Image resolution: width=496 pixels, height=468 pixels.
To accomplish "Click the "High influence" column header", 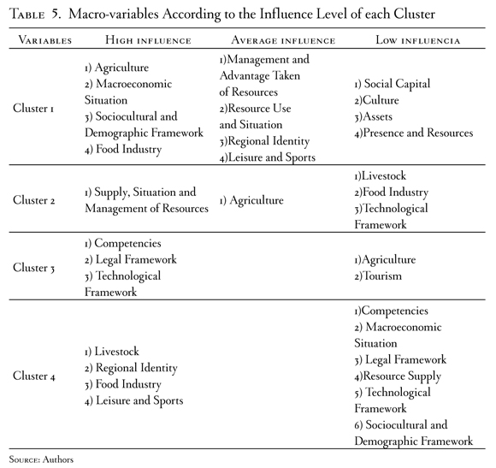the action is point(148,40).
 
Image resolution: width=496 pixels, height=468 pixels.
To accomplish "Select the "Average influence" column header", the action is point(283,40).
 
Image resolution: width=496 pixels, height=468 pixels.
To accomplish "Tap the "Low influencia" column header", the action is point(418,40).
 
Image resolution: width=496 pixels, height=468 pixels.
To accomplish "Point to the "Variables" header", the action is point(45,40).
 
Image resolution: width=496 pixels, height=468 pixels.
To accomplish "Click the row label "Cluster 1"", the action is point(33,108).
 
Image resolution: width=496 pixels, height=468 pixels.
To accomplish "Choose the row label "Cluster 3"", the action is point(33,268).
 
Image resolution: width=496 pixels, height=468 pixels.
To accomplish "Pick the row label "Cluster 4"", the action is point(34,376).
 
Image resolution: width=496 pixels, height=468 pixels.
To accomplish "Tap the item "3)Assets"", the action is point(373,116).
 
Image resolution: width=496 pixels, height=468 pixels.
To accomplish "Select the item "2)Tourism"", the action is point(378,276).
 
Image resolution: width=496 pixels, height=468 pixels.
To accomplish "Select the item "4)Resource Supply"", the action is point(398,376).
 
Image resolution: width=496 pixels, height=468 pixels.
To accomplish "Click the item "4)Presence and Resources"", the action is point(413,133).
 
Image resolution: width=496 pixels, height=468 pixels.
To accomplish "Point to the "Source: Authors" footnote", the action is point(41,459).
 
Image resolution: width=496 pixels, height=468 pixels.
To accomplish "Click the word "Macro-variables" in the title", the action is point(114,15).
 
